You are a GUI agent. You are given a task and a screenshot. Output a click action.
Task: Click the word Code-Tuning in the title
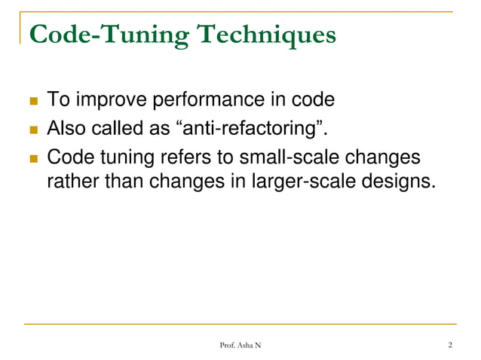[x=97, y=35]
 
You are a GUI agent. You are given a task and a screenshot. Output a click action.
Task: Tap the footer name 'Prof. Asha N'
[x=240, y=346]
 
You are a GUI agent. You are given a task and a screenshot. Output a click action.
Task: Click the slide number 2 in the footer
[x=449, y=346]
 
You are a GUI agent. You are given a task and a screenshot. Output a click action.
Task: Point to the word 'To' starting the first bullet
[x=57, y=100]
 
